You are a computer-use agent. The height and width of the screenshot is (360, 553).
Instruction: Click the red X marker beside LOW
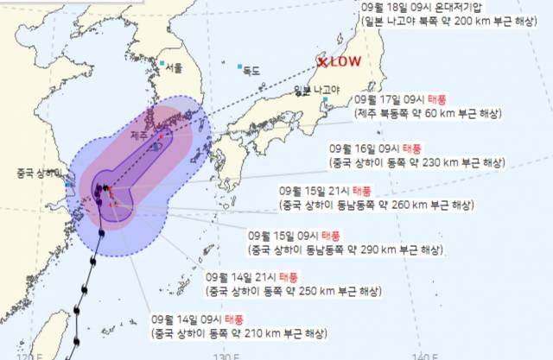[x=321, y=62]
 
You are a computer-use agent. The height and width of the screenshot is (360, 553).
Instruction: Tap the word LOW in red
[x=346, y=62]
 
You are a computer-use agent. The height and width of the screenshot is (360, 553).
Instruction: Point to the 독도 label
[x=256, y=67]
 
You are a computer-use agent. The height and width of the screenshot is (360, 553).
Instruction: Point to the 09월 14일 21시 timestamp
[x=238, y=277]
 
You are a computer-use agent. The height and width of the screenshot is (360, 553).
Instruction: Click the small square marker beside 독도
[x=240, y=66]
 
